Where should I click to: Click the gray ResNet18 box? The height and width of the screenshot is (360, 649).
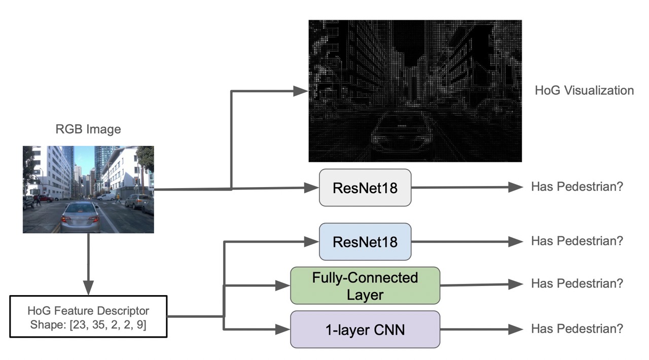365,188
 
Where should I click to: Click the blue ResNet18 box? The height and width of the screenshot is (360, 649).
365,241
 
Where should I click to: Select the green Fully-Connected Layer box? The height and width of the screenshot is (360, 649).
365,285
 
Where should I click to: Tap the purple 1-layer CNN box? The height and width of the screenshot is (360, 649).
365,330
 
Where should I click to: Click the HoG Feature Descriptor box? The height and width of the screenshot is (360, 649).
88,317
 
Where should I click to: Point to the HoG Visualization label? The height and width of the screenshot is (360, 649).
584,91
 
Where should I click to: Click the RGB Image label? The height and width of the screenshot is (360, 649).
88,129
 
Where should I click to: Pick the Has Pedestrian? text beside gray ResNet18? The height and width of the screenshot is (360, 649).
576,187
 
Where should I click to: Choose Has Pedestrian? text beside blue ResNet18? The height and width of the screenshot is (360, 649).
576,241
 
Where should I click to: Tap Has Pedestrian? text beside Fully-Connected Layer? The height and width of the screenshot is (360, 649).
576,283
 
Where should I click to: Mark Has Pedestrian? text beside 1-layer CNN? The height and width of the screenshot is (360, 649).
576,329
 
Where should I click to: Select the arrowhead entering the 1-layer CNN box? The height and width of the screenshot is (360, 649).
284,330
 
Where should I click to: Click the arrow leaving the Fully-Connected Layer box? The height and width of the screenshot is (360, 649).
482,284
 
